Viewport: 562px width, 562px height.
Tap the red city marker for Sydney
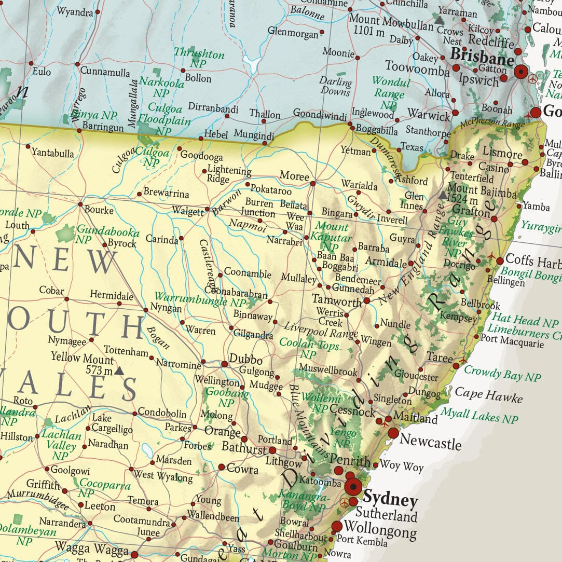pos(354,487)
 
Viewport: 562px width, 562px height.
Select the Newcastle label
pos(431,443)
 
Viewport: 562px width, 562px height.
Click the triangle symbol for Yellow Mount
pos(119,371)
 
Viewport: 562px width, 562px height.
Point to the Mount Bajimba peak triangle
pos(442,196)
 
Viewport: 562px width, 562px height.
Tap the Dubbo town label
pos(246,360)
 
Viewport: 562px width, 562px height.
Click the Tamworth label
pos(337,300)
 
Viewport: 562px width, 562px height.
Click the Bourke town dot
pos(80,204)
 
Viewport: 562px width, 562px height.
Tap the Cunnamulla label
pos(105,72)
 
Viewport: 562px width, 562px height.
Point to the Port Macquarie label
pos(512,343)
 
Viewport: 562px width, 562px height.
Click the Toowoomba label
pos(417,67)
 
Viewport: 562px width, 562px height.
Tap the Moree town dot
pos(312,183)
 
